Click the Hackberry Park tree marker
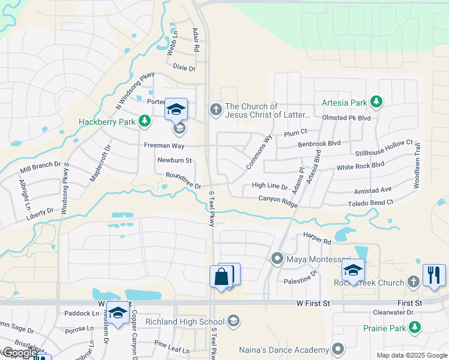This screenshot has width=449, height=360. (x=144, y=122)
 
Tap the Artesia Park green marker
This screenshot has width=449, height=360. (x=376, y=102)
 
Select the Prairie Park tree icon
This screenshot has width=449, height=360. (x=414, y=328)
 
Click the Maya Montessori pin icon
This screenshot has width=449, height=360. (x=277, y=259)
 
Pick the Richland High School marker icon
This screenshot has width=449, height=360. (x=234, y=322)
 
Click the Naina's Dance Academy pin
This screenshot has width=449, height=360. (x=338, y=349)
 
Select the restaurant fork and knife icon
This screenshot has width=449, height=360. (x=433, y=275)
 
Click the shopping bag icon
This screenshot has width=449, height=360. (x=221, y=277)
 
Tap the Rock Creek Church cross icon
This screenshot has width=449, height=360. (x=413, y=282)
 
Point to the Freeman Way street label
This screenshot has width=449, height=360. (x=163, y=145)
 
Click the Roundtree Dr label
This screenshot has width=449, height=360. (x=183, y=181)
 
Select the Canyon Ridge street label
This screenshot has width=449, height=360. (x=278, y=200)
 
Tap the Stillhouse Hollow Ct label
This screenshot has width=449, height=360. (x=384, y=148)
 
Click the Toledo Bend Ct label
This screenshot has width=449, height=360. (x=370, y=203)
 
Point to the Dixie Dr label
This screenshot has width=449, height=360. (x=184, y=68)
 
